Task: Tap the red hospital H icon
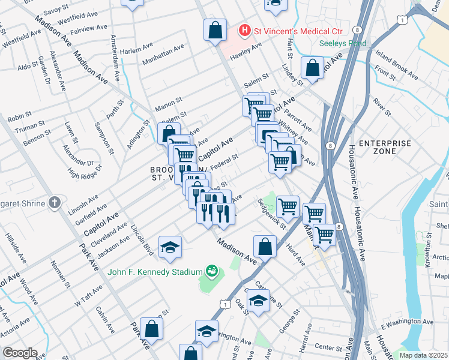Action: click(x=244, y=29)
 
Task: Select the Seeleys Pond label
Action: click(x=342, y=43)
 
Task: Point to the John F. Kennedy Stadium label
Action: click(x=155, y=272)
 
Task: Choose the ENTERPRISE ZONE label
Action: click(x=385, y=148)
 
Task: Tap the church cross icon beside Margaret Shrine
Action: click(x=54, y=203)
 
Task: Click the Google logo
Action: click(x=20, y=352)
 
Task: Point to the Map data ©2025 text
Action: click(x=424, y=355)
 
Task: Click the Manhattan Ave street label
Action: click(x=163, y=56)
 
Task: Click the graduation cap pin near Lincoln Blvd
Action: click(x=170, y=246)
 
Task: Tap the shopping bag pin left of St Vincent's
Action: click(x=214, y=29)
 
